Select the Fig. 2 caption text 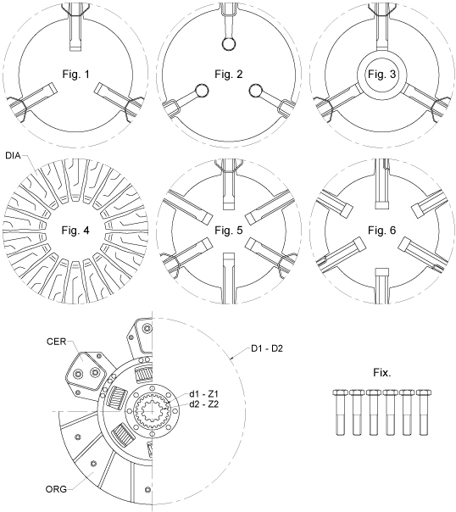[227, 75]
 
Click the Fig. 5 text [227, 229]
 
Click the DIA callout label [14, 156]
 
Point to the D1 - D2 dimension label [270, 348]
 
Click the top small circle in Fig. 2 [227, 44]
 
